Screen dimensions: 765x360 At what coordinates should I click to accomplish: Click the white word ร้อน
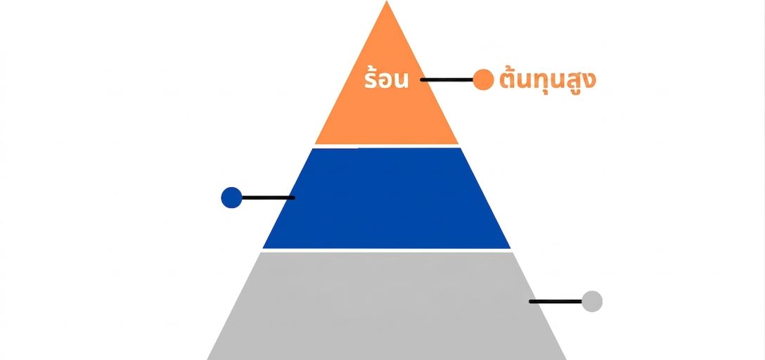tap(386, 79)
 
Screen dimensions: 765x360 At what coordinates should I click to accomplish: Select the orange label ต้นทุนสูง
tap(548, 81)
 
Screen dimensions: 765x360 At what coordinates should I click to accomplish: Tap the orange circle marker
tap(484, 79)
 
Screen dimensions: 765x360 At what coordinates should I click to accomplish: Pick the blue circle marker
tap(232, 198)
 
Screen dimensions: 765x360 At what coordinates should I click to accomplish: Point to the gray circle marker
tap(592, 302)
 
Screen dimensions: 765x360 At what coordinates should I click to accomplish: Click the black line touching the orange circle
tap(447, 79)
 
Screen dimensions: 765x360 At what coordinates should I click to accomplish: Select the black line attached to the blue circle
tap(268, 198)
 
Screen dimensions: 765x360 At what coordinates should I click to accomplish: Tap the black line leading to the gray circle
tap(555, 302)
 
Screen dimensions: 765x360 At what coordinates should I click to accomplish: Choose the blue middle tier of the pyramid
tap(387, 198)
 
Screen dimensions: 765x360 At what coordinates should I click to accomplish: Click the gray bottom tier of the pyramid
tap(387, 306)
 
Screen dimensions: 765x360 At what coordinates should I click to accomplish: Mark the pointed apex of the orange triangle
tap(387, 1)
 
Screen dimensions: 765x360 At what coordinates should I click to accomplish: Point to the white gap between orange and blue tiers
tap(387, 146)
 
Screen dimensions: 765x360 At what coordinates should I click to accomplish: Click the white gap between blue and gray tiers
tap(387, 250)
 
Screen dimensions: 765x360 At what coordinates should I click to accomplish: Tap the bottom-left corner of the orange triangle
tap(315, 144)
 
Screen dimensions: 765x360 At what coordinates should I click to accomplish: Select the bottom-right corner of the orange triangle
tap(458, 144)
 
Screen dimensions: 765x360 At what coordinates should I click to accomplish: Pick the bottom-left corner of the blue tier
tap(263, 248)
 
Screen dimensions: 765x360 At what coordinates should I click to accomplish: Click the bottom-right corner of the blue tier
tap(510, 248)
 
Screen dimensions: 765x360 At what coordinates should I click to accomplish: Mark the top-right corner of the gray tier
tap(513, 252)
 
